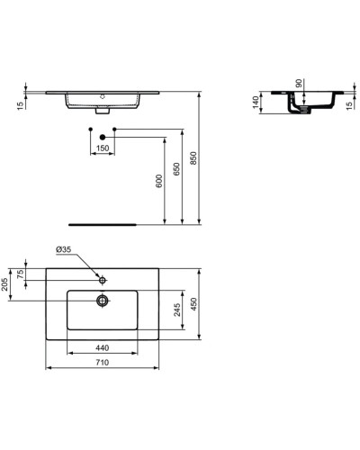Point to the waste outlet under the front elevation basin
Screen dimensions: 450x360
(x=102, y=112)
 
